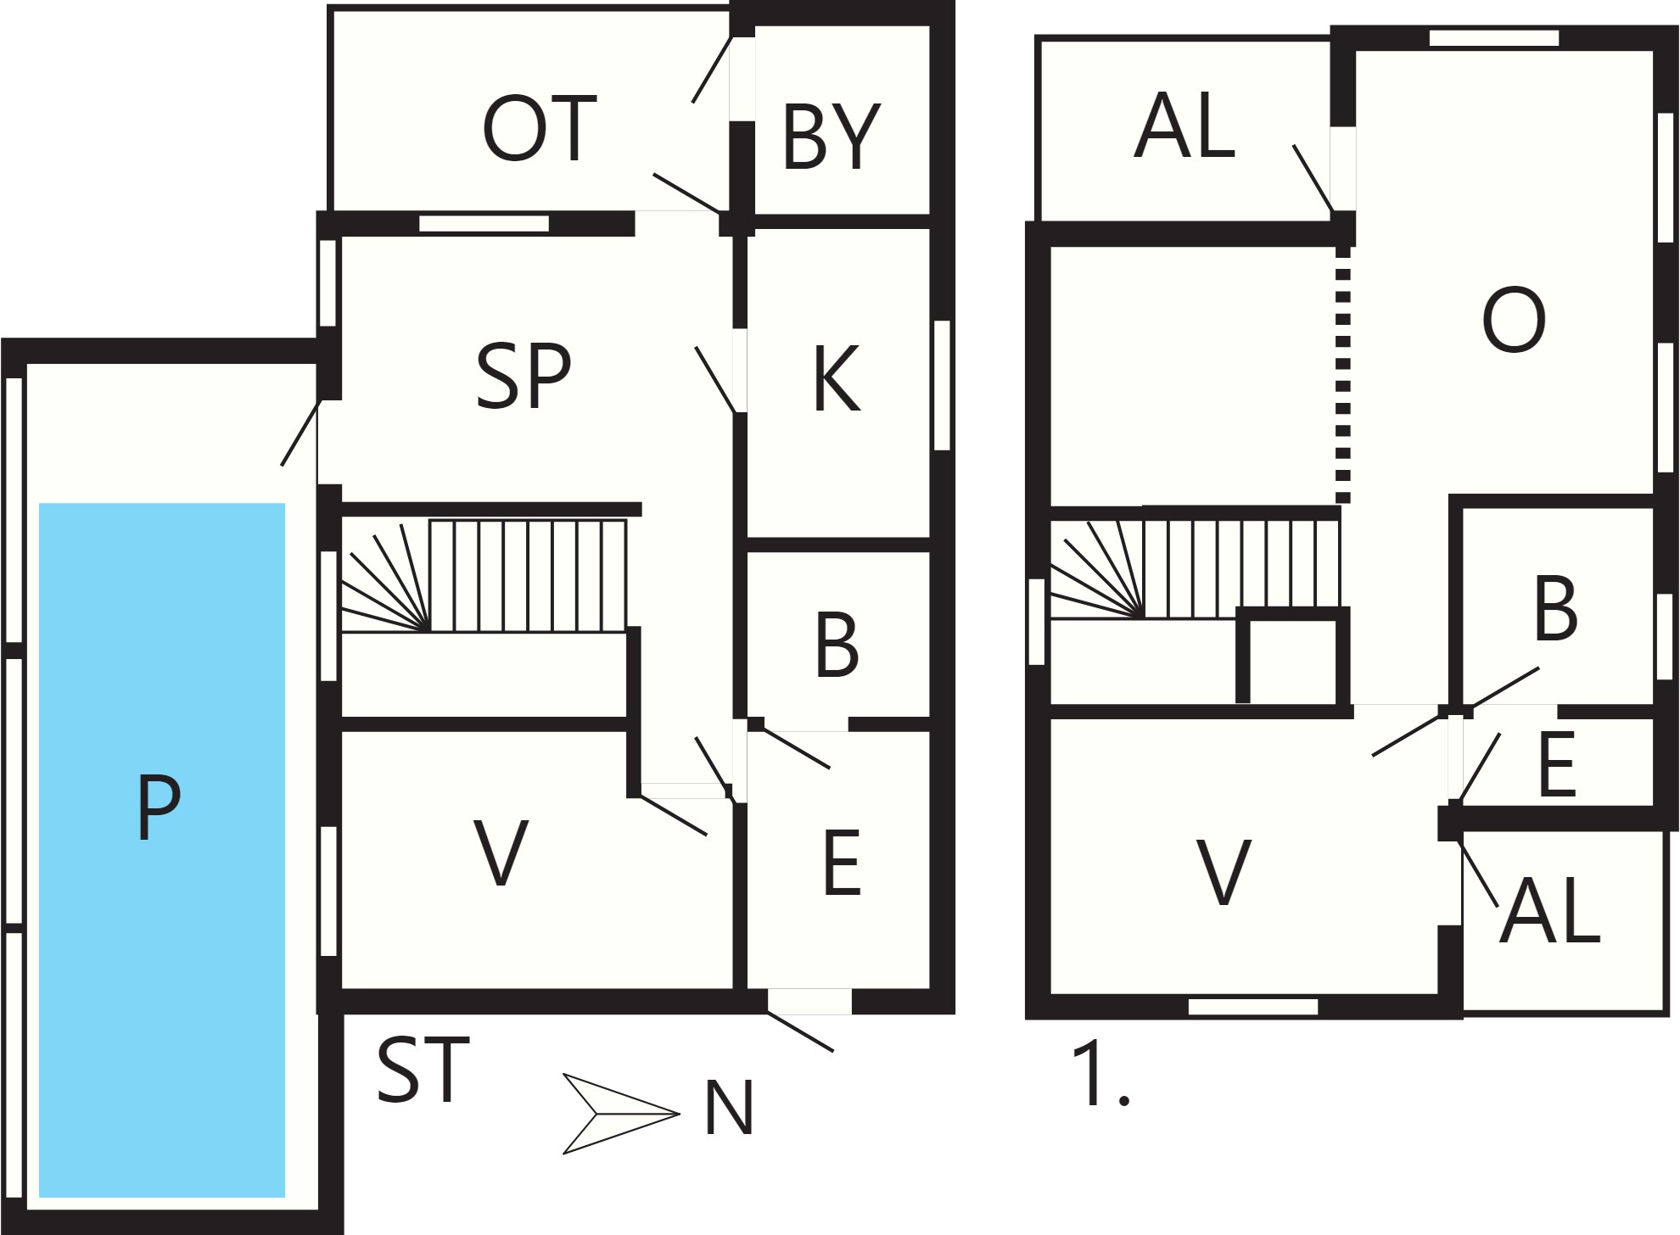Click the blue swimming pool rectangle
coord(162,850)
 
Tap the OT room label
coord(540,129)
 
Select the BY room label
coord(832,137)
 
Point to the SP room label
coord(524,377)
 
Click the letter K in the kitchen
coord(837,378)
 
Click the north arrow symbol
coord(621,1114)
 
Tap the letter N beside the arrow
coord(729,1108)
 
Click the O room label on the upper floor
coord(1514,320)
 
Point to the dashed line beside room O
coord(1342,374)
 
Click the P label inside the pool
coord(159,807)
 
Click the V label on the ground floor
coord(501,853)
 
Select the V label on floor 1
coord(1223,872)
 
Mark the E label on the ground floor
coord(842,863)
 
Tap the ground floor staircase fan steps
coord(386,577)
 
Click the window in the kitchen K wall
coord(942,385)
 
